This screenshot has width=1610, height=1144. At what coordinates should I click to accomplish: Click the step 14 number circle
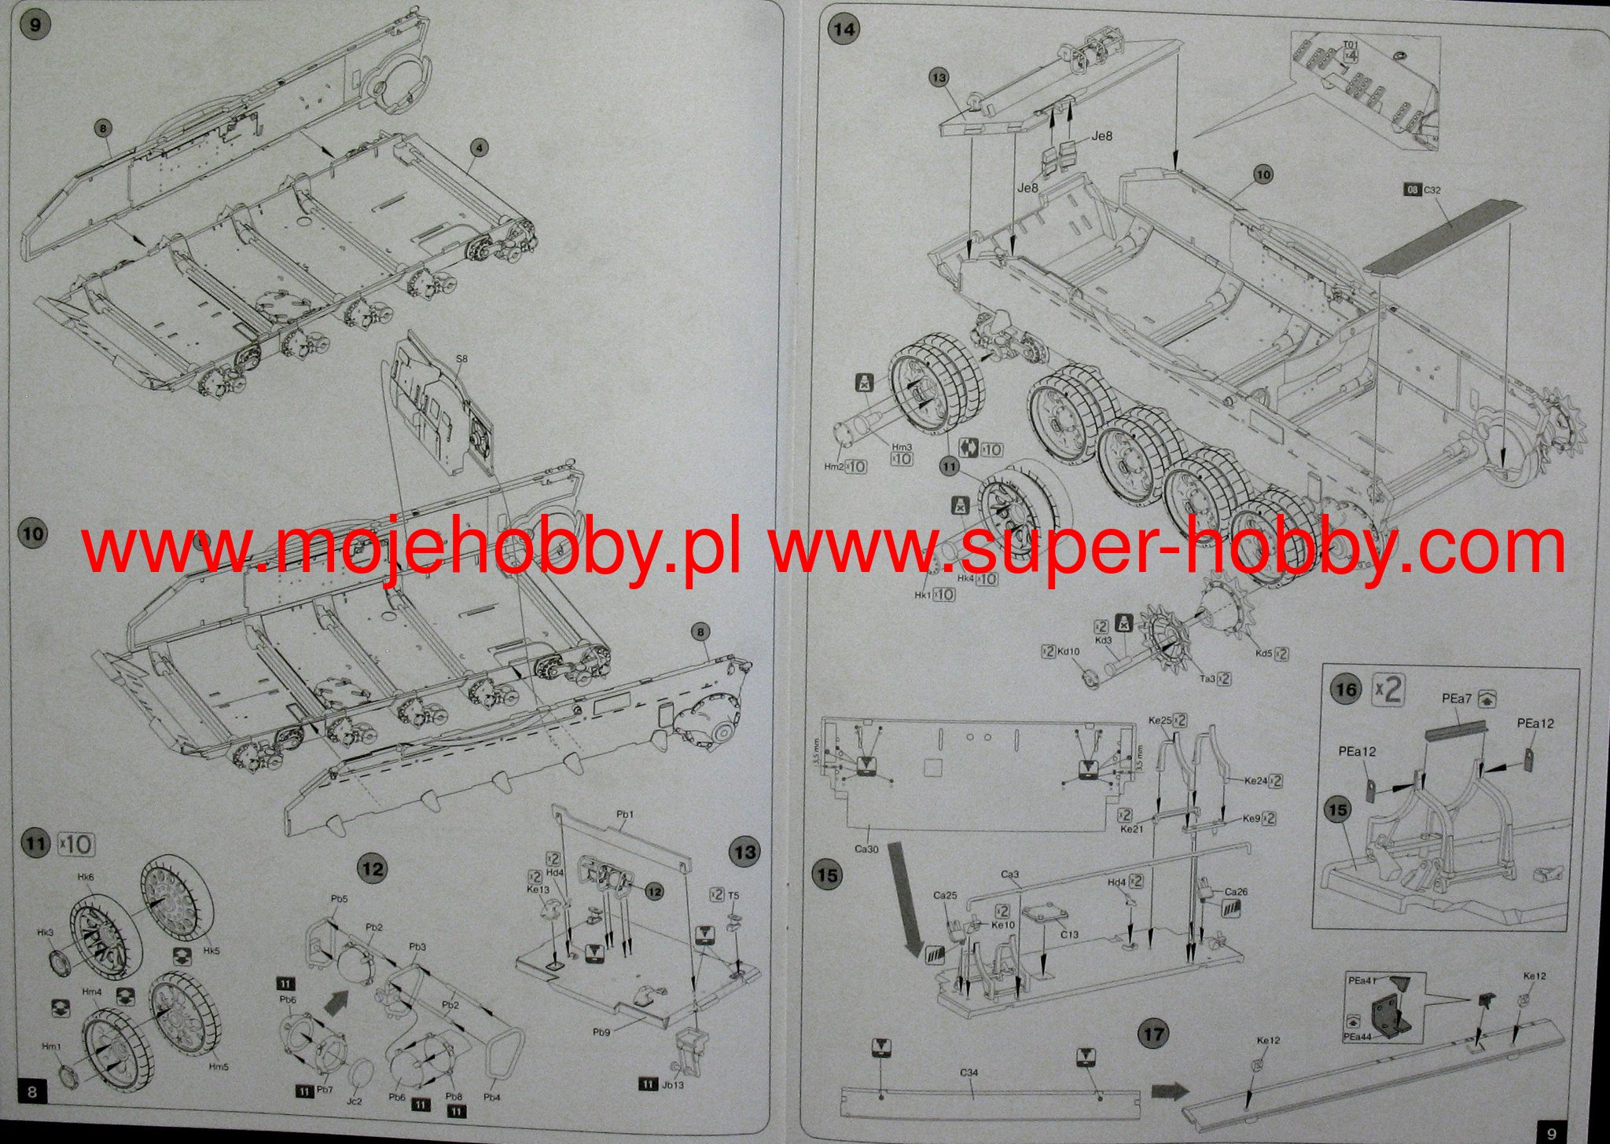(x=844, y=30)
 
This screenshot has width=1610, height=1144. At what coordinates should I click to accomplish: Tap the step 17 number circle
(x=1152, y=1033)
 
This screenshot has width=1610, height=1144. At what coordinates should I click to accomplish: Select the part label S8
(x=461, y=359)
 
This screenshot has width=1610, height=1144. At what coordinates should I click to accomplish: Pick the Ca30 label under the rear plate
(x=866, y=849)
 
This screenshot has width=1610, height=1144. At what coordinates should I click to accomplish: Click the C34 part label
(x=969, y=1072)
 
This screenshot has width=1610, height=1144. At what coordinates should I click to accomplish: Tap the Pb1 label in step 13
(x=625, y=815)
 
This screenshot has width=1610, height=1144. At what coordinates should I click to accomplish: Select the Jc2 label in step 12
(x=355, y=1102)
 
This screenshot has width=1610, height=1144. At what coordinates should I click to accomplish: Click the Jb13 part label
(x=673, y=1085)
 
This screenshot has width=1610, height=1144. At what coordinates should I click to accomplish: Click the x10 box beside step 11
(x=75, y=845)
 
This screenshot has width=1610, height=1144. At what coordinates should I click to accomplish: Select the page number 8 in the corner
(x=31, y=1092)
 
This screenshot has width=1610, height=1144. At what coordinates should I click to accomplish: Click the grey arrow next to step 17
(x=1167, y=1091)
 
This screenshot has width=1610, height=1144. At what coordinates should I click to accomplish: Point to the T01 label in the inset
(x=1349, y=45)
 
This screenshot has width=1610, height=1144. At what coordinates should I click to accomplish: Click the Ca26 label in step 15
(x=1237, y=892)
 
